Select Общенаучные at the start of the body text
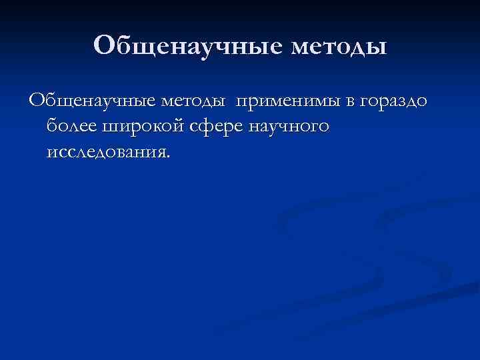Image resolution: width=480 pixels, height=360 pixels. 91,101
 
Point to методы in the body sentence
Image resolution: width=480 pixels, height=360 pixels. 193,101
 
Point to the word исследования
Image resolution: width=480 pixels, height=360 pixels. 107,152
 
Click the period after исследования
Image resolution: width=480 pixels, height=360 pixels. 169,156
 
